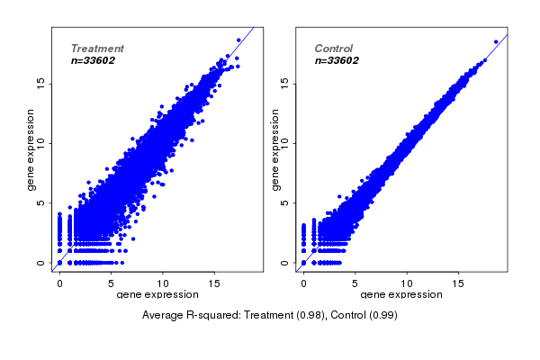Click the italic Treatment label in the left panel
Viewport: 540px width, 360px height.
click(97, 49)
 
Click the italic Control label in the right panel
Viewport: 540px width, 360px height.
click(333, 49)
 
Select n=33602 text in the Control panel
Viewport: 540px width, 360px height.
click(337, 60)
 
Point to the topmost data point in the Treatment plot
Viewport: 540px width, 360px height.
click(238, 40)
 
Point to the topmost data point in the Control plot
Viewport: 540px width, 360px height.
click(496, 41)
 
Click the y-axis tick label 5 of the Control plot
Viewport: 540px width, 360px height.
click(285, 202)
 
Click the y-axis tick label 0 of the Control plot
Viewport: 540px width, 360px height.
click(285, 263)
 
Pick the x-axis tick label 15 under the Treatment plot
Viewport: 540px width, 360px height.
click(214, 283)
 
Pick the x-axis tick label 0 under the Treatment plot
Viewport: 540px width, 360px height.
click(59, 283)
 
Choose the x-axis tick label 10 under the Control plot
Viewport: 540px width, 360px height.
click(407, 283)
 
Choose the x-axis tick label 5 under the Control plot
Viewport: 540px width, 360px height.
click(355, 283)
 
